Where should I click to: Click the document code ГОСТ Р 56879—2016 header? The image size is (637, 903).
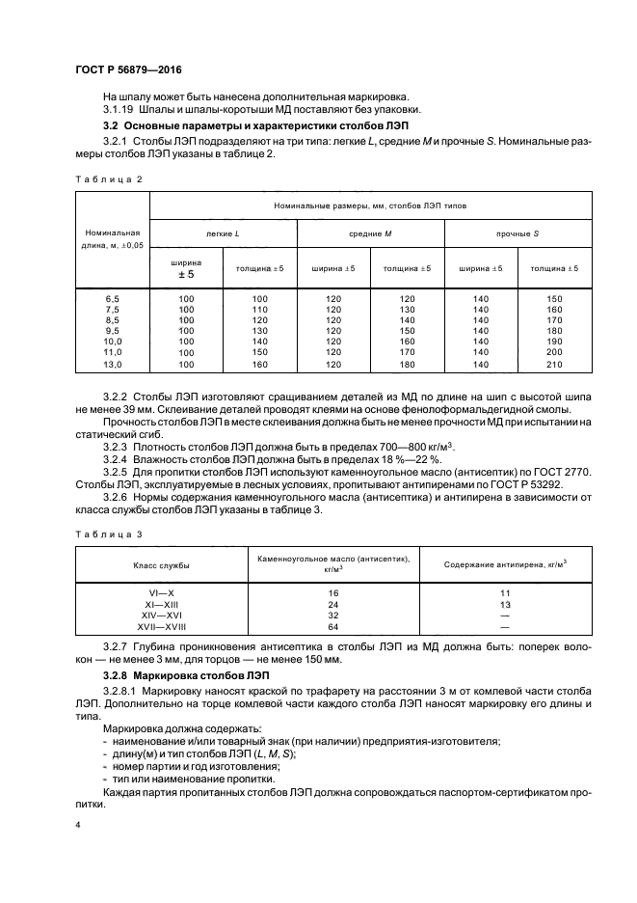coord(127,71)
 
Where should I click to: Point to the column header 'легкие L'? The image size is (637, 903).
coord(223,234)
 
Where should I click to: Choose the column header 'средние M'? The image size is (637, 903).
coord(370,234)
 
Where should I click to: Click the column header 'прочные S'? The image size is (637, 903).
coord(518,234)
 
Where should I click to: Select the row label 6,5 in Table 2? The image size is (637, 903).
coord(113,299)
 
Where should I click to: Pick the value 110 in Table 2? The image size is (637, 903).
coord(259,310)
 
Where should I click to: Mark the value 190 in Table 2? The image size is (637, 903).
coord(554,342)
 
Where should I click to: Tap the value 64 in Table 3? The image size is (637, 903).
coord(333,625)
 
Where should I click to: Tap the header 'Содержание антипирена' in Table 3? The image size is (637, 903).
coord(504,563)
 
